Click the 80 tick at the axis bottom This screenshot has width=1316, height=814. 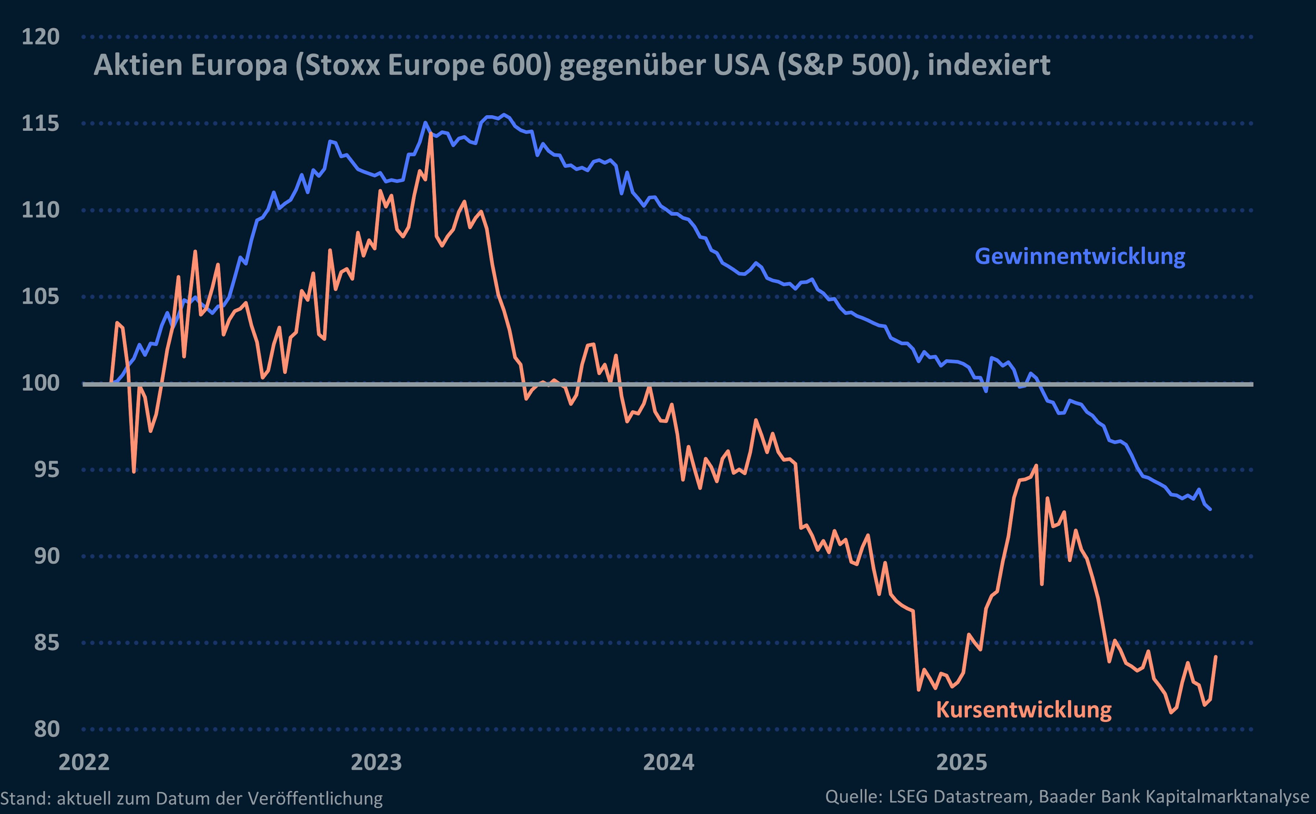coord(46,729)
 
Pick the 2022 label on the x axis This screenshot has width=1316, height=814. coord(84,762)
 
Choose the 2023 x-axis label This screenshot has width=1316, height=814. coord(376,762)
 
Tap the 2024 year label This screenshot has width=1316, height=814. coord(669,762)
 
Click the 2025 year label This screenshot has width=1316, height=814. coord(962,762)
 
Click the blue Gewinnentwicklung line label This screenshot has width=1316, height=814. coord(1080,256)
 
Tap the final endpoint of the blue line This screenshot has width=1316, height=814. coord(1210,509)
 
